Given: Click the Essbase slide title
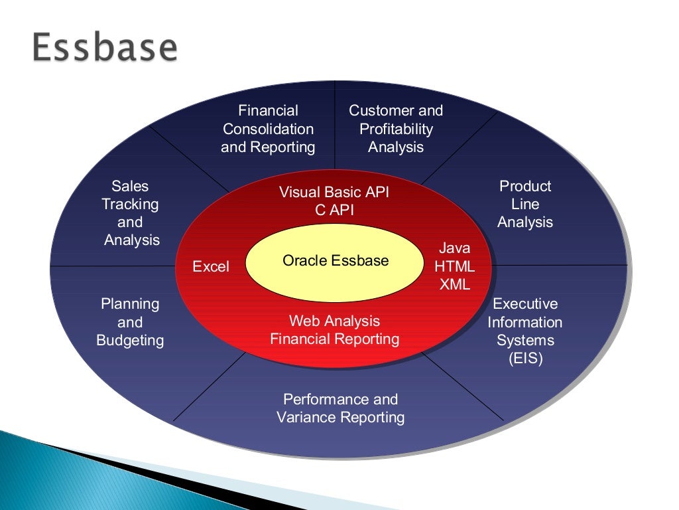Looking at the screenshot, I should click(x=105, y=48).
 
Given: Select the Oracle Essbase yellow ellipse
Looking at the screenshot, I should click(x=335, y=262).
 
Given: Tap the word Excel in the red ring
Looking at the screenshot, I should click(x=211, y=267).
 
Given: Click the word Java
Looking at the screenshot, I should click(x=454, y=248).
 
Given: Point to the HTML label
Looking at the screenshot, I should click(x=454, y=267).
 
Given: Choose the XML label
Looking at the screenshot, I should click(x=454, y=285).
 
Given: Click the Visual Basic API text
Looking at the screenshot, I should click(x=334, y=193).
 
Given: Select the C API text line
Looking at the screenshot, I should click(x=334, y=211).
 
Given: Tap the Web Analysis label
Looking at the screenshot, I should click(x=334, y=321).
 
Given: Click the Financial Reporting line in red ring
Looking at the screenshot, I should click(x=334, y=339).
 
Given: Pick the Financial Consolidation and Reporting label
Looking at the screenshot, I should click(x=268, y=129).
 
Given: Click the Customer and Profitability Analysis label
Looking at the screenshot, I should click(x=396, y=129).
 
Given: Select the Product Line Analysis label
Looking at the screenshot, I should click(x=525, y=204).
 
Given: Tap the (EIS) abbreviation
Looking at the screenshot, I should click(x=525, y=359).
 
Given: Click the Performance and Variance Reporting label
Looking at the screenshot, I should click(x=340, y=408).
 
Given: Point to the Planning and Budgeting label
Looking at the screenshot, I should click(x=130, y=322).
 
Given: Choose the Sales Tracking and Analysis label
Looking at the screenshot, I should click(x=131, y=213).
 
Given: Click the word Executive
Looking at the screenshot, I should click(x=525, y=304).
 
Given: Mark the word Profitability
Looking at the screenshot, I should click(x=396, y=129).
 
